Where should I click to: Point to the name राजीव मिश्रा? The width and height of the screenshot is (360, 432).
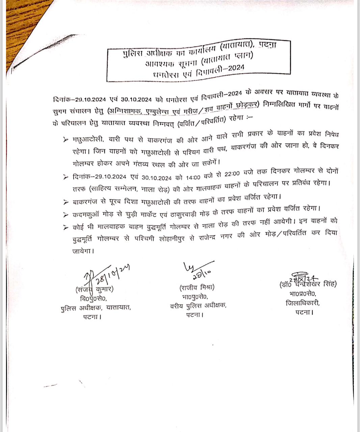(197, 288)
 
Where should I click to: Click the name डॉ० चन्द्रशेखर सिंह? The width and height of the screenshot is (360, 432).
(308, 285)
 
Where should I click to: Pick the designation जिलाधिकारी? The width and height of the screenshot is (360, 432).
(302, 303)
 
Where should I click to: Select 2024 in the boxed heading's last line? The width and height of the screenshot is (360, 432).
(236, 67)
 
